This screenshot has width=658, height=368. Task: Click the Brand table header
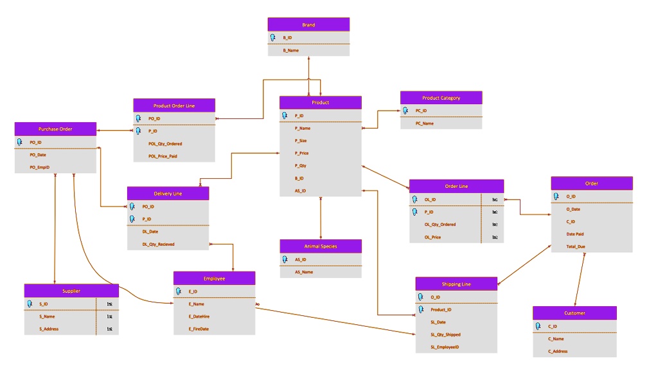308,24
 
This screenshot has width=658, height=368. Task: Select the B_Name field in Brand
290,50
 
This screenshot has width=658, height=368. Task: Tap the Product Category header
441,98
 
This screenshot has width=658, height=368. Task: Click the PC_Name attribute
424,124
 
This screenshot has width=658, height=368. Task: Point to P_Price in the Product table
301,153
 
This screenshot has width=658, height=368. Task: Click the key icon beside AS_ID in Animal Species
285,260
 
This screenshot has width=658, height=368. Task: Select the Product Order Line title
174,106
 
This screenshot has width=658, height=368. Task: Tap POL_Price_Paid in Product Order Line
163,156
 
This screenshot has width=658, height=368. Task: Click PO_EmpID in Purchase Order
39,167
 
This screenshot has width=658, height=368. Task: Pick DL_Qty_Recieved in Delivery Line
158,244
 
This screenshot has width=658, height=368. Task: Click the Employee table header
214,278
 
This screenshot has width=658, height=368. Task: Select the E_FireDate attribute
199,329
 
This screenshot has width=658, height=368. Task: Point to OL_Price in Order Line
432,237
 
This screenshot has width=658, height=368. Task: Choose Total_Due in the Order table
575,246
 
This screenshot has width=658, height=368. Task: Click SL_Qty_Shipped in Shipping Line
445,335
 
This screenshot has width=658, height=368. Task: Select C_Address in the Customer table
558,351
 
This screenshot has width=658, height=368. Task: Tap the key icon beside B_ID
273,38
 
